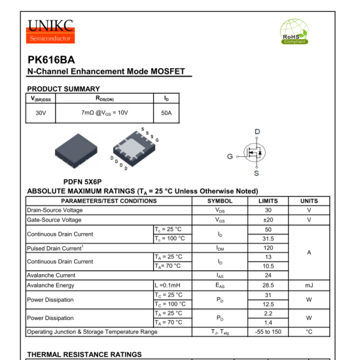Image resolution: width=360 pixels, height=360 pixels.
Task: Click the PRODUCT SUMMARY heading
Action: coord(63,88)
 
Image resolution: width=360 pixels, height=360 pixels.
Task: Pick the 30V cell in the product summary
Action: coord(41,113)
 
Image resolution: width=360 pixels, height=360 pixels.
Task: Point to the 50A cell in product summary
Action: coord(166,113)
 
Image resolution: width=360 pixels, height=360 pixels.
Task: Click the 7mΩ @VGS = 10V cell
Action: coord(105,113)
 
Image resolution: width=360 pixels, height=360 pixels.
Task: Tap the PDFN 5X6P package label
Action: coord(82,181)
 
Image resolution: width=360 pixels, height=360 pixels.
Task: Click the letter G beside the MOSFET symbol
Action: coord(230,156)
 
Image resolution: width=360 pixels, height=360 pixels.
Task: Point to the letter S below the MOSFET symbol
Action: coord(256,173)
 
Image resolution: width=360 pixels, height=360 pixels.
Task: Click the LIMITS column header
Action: coord(268,200)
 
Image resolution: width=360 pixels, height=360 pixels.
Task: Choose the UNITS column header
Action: coord(308,200)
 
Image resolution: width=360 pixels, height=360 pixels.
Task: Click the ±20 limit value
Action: coord(268,220)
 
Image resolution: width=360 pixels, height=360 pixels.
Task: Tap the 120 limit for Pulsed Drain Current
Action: coord(268,248)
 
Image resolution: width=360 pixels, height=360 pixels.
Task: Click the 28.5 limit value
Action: coord(268,285)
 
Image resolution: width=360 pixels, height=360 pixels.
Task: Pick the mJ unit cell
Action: coord(308,285)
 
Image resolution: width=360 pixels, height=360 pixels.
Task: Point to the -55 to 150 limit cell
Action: coord(268,332)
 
